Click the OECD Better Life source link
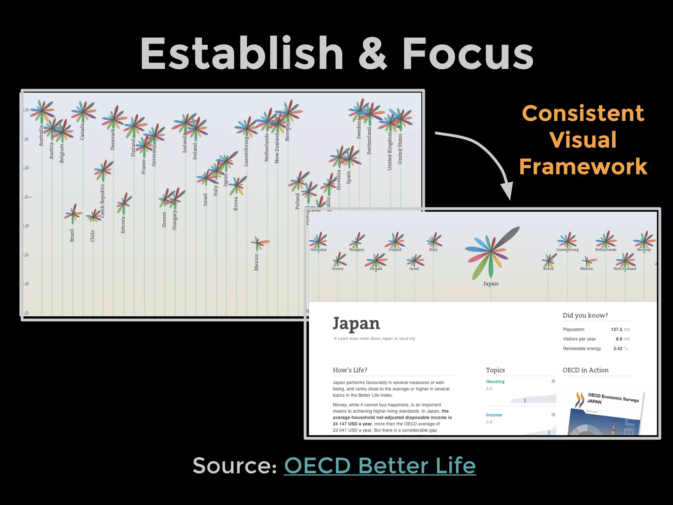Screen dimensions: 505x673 [x=380, y=466]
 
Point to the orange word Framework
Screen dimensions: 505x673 [x=583, y=166]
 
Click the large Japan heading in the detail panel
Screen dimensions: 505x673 [x=356, y=324]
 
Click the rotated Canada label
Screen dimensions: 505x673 [x=82, y=132]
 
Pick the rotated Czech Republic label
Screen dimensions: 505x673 [x=103, y=201]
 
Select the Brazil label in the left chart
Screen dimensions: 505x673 [x=72, y=235]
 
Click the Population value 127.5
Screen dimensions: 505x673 [x=616, y=329]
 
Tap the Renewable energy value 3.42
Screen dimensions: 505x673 [x=618, y=349]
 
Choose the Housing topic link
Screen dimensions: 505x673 [x=495, y=381]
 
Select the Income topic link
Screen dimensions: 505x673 [x=494, y=415]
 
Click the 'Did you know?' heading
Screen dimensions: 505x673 [x=585, y=315]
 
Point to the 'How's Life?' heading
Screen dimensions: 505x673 [x=350, y=370]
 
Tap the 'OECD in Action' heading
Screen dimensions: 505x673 [x=585, y=370]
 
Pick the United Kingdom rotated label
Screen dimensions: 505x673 [x=390, y=151]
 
